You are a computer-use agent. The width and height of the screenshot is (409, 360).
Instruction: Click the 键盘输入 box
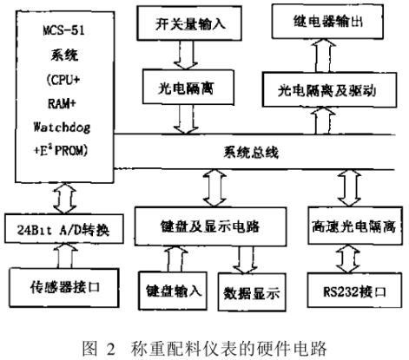173,290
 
